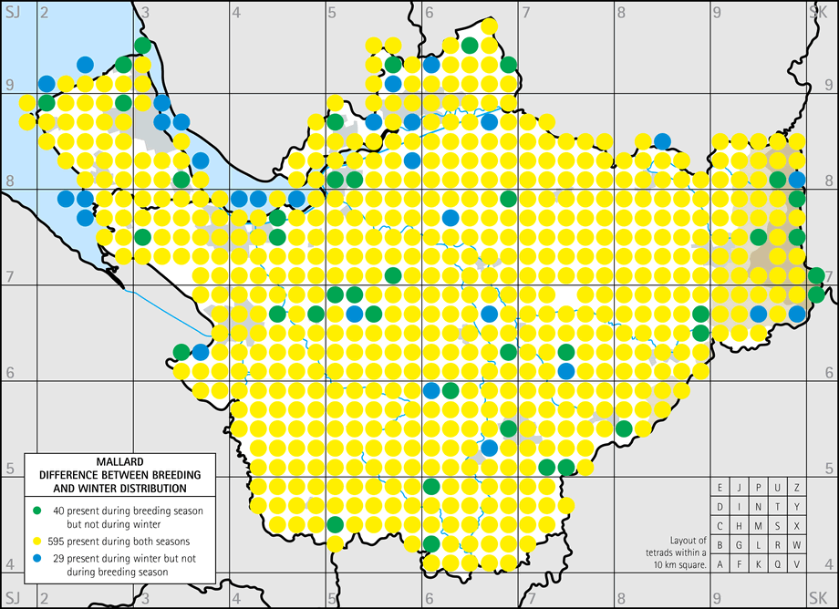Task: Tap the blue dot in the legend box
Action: point(37,557)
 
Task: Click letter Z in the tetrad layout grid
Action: point(797,488)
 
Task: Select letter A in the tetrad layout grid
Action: point(720,564)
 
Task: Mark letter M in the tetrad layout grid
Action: point(759,526)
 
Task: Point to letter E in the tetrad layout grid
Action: point(720,488)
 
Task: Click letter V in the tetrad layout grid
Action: point(797,564)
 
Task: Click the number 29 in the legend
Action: point(62,557)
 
